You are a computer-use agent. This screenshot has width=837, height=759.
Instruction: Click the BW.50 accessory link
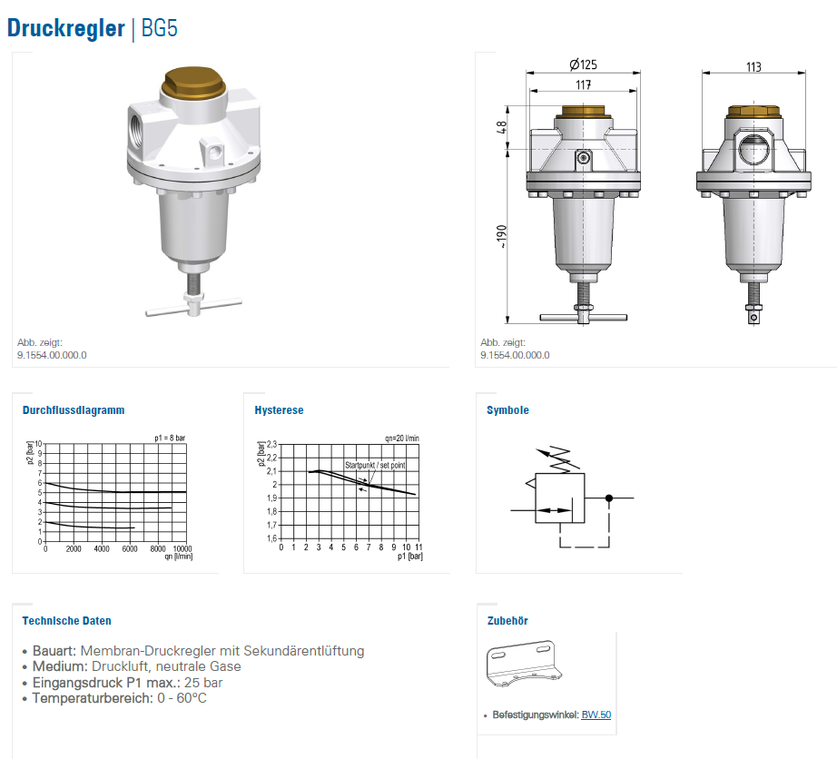[596, 715]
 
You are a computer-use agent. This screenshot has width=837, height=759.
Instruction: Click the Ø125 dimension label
[583, 64]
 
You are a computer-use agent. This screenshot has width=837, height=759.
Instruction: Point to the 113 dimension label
[753, 66]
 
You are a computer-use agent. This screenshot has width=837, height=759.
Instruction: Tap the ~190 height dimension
[501, 236]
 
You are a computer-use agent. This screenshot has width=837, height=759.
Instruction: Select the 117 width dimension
[584, 84]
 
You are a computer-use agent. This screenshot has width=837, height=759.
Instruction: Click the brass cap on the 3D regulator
[192, 83]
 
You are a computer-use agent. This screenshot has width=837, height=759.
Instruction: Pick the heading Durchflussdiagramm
[74, 410]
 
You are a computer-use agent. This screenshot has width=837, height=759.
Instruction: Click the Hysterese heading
[279, 410]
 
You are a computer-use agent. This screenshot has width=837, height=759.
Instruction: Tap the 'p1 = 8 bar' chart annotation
[170, 439]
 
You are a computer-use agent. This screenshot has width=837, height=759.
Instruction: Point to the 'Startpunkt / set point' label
[375, 465]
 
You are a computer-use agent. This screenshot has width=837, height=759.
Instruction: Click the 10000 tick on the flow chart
[182, 548]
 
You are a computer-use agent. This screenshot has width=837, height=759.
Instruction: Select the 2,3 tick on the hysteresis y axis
[271, 444]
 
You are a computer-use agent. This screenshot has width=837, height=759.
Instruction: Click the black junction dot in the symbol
[609, 498]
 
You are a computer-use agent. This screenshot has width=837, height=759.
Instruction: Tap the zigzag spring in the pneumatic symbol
[563, 459]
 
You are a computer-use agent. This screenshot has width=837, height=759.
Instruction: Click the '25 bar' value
[202, 683]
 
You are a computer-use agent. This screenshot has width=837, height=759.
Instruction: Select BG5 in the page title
[159, 28]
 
